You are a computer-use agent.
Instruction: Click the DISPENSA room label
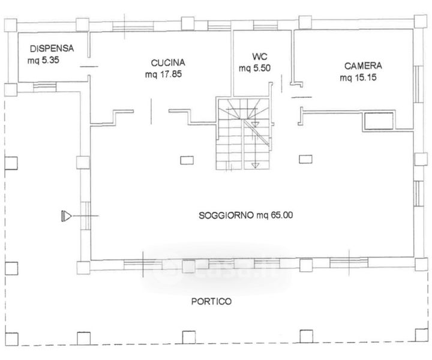pos(52,49)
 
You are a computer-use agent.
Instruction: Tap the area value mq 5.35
pos(43,61)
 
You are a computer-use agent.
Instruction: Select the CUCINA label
pos(168,63)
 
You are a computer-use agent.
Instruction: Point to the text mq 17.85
pos(163,74)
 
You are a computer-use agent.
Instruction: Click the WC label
pos(260,57)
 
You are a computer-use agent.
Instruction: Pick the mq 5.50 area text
pos(254,68)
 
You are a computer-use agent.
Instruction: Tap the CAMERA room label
pos(363,66)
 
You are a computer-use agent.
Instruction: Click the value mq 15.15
pos(358,77)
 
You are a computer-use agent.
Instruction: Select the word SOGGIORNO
pos(226,215)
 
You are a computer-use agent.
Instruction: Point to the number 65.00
pos(282,215)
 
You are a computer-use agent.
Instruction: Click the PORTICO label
pos(211,301)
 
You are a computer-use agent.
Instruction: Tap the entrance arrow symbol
pos(66,216)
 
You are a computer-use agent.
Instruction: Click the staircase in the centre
pos(244,134)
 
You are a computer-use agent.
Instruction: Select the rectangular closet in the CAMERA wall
pos(379,121)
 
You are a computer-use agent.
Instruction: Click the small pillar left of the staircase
pos(187,160)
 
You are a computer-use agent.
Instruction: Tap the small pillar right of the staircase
pos(305,159)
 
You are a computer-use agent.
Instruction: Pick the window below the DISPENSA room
pos(44,87)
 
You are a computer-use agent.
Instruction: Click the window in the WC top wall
pos(265,25)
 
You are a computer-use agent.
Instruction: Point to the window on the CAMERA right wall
pos(418,84)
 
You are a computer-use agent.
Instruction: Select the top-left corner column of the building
pos(11,25)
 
